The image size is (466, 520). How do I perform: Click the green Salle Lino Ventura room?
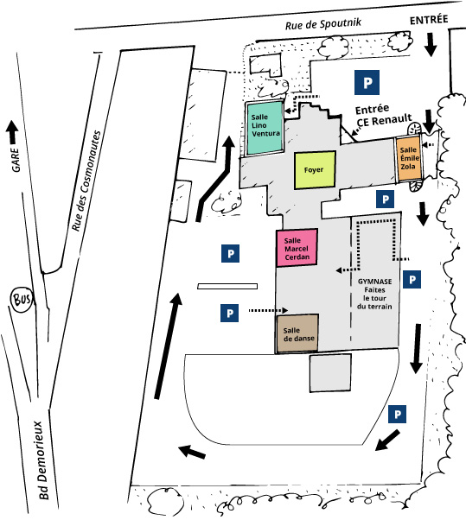(265, 128)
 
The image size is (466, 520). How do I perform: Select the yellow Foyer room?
(315, 170)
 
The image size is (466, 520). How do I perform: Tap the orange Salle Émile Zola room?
(408, 159)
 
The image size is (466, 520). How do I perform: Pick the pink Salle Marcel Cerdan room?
(297, 247)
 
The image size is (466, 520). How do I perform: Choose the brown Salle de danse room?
(297, 333)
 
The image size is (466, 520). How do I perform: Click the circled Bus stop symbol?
(22, 300)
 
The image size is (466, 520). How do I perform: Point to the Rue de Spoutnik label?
(323, 24)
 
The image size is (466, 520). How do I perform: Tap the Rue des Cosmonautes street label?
(86, 181)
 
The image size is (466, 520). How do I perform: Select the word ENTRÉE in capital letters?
(429, 20)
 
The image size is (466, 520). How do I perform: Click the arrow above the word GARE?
(12, 131)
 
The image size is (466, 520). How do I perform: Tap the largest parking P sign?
(367, 83)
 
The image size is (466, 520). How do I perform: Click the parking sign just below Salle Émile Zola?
(385, 199)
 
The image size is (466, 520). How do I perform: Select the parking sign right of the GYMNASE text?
(412, 279)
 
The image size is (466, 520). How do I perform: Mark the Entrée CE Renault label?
(383, 115)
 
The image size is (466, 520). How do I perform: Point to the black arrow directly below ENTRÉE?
(431, 44)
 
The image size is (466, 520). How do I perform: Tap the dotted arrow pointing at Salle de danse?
(268, 310)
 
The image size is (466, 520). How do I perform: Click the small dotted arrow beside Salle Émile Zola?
(428, 144)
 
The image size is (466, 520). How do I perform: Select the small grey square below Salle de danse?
(330, 373)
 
